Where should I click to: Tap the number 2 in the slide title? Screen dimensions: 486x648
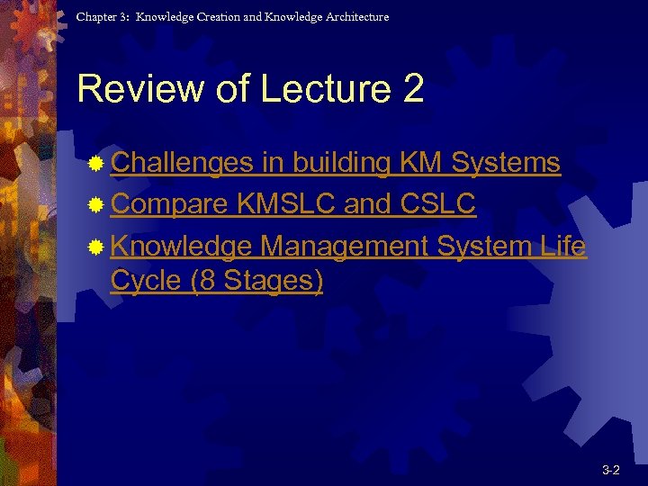pos(413,90)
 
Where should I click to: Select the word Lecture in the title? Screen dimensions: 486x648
pos(318,90)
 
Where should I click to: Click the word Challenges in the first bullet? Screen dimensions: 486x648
pos(183,163)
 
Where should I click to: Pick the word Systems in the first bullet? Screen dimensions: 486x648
pos(506,163)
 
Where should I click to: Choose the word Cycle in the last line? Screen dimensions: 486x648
pos(146,281)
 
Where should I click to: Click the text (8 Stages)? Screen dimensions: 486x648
pos(256,281)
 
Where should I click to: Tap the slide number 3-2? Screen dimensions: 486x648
pos(610,470)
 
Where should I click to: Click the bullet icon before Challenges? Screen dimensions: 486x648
pos(96,164)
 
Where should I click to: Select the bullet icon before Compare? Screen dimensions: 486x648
pos(96,205)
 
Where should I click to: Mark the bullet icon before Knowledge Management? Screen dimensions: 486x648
pos(96,247)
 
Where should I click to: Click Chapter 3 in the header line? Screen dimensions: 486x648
pos(102,17)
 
